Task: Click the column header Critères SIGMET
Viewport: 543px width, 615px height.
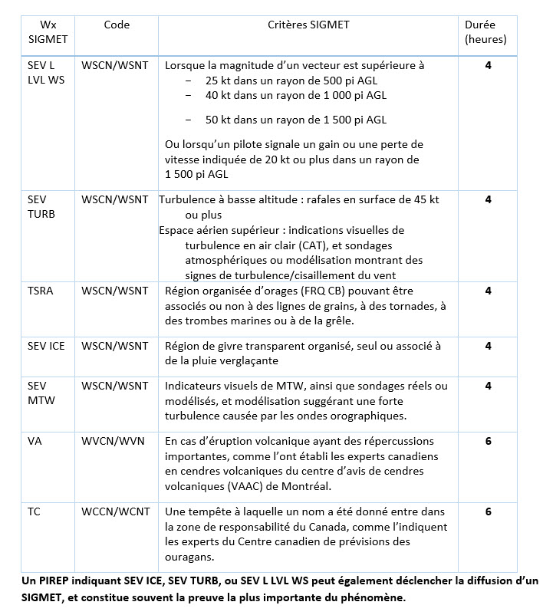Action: [308, 25]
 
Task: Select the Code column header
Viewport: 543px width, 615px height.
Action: [117, 25]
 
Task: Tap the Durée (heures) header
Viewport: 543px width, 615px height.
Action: [486, 32]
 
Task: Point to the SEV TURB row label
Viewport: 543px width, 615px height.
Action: [41, 206]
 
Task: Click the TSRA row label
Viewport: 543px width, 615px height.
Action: [41, 291]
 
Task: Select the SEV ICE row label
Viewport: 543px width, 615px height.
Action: [46, 346]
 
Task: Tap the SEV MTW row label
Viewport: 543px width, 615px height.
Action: [41, 393]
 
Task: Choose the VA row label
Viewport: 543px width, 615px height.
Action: [35, 442]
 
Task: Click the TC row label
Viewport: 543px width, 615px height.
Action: [35, 511]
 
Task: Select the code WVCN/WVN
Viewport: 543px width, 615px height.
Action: [113, 442]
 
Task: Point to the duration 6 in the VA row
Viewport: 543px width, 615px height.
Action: [488, 442]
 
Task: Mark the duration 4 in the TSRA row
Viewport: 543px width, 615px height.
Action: [488, 291]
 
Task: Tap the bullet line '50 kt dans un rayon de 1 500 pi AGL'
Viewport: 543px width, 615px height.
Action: [295, 120]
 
